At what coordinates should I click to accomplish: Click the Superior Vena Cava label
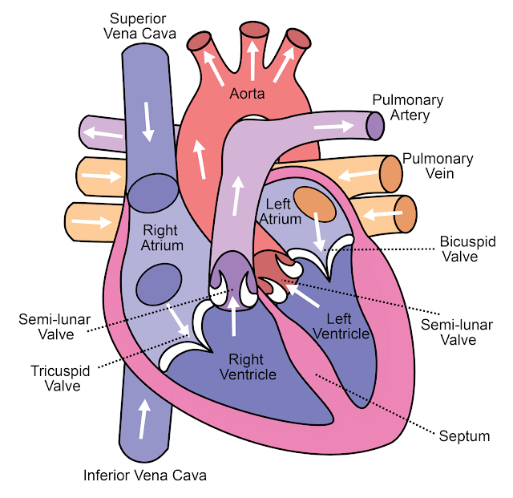click(139, 26)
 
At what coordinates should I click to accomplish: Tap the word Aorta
click(247, 94)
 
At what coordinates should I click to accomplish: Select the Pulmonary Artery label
click(408, 107)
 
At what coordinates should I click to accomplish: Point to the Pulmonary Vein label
click(438, 166)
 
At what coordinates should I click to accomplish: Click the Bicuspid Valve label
click(468, 249)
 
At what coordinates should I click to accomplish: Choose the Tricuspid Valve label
click(61, 379)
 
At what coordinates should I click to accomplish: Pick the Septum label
click(464, 436)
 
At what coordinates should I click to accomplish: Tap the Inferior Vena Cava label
click(145, 476)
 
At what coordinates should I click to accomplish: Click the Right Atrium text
click(162, 237)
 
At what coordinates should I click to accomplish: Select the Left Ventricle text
click(341, 326)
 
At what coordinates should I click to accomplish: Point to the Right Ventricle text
click(248, 366)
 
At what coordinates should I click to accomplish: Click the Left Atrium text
click(280, 212)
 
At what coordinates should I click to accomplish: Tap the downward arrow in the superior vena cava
click(147, 121)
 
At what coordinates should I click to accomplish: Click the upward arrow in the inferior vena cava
click(143, 419)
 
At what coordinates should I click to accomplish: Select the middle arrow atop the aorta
click(252, 61)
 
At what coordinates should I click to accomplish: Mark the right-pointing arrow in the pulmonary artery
click(333, 127)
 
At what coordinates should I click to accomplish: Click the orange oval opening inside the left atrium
click(314, 204)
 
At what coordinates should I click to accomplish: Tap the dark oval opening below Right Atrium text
click(159, 284)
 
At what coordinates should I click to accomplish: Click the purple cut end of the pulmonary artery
click(375, 126)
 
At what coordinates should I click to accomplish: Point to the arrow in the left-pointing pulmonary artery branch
click(103, 133)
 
